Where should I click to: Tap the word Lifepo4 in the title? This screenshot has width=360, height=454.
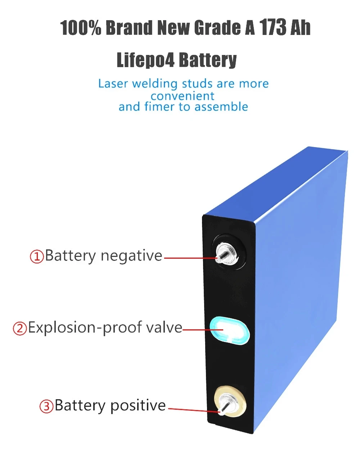coord(145,60)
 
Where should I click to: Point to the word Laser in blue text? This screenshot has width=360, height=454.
coord(113,84)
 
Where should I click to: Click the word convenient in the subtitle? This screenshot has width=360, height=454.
coord(183,96)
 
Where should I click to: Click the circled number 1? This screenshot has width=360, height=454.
coord(37,257)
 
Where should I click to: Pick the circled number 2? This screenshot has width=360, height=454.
coord(20,329)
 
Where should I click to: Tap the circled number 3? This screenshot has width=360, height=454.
coord(46,406)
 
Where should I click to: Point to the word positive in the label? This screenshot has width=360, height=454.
coord(138,406)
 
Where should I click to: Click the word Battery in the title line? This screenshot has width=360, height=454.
coord(208,60)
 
